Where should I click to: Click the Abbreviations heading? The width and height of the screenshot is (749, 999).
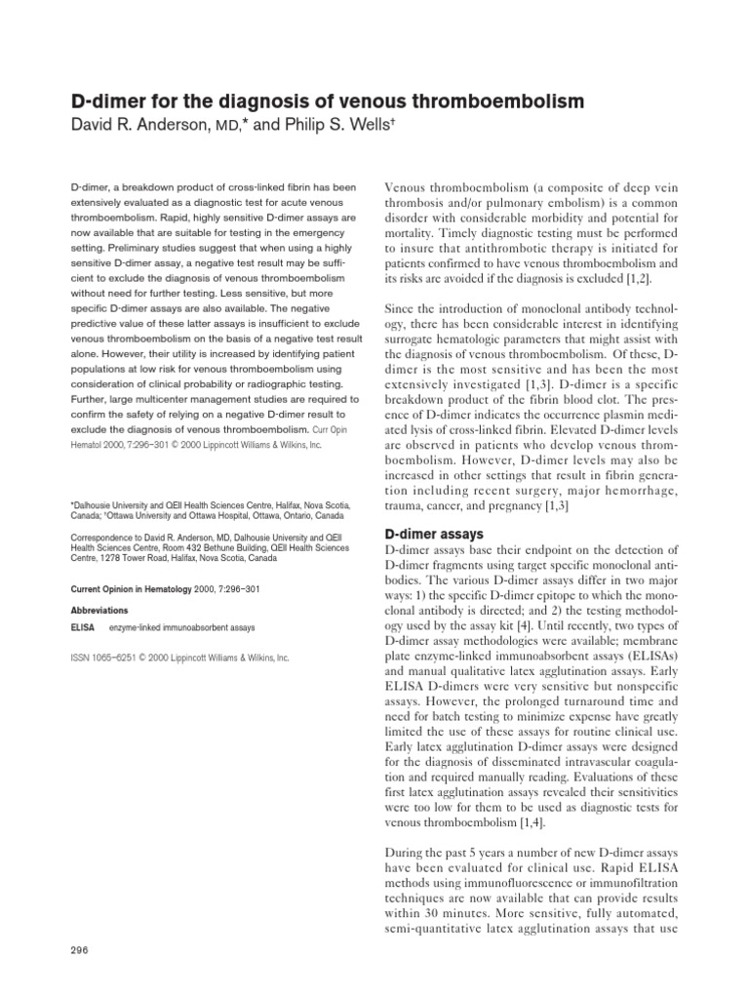coord(99,609)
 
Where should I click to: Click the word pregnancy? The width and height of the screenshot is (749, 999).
coord(533,506)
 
